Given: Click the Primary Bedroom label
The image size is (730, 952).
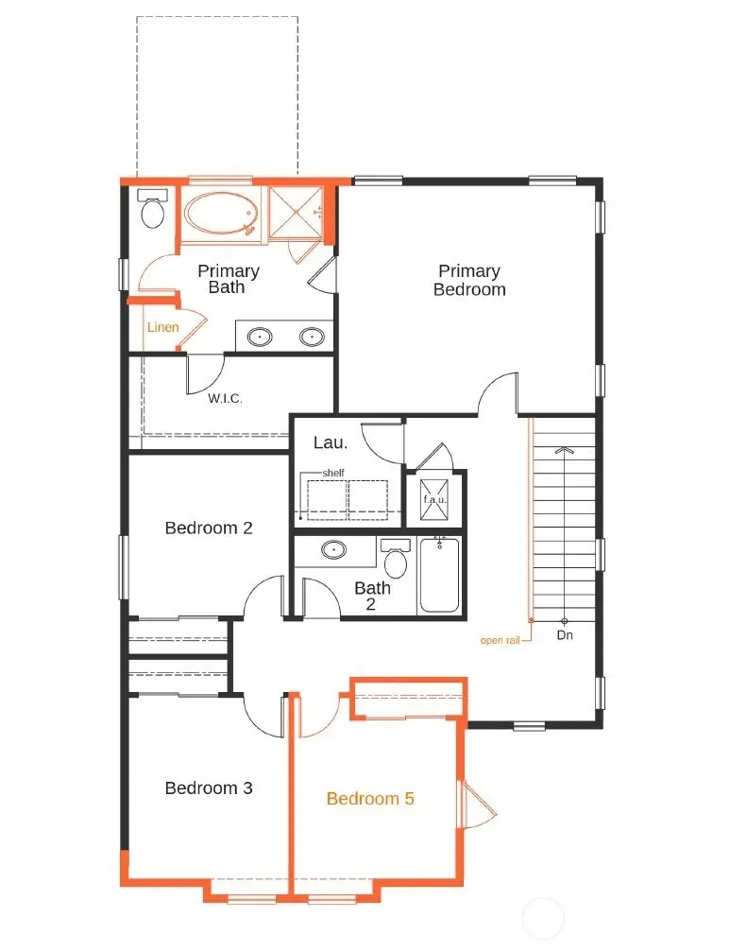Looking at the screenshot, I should (x=469, y=281).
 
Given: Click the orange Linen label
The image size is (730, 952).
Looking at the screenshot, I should (x=162, y=327).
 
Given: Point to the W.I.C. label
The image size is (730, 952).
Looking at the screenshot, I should (x=226, y=399).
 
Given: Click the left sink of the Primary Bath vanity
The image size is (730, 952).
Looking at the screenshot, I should (x=261, y=336).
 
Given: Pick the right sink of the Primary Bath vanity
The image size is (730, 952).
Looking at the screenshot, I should (x=312, y=336).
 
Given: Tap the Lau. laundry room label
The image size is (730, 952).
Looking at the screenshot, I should (x=331, y=441).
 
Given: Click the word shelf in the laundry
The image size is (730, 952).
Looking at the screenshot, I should (x=333, y=473).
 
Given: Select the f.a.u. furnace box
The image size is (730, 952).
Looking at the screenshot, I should (x=434, y=499).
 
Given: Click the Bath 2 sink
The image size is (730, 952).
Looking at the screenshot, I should (x=332, y=549).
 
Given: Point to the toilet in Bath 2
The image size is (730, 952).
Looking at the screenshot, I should (x=396, y=562).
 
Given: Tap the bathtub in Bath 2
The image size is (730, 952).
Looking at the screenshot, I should (x=439, y=576).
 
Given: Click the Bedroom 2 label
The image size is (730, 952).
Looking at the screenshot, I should (x=209, y=528).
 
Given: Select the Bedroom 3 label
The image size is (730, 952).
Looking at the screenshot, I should (x=209, y=788).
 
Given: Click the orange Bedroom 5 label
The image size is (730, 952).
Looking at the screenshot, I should (x=370, y=799).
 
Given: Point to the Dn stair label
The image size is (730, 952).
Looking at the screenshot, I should (x=565, y=635).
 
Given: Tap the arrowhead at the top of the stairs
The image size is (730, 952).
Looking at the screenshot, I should (x=565, y=450).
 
